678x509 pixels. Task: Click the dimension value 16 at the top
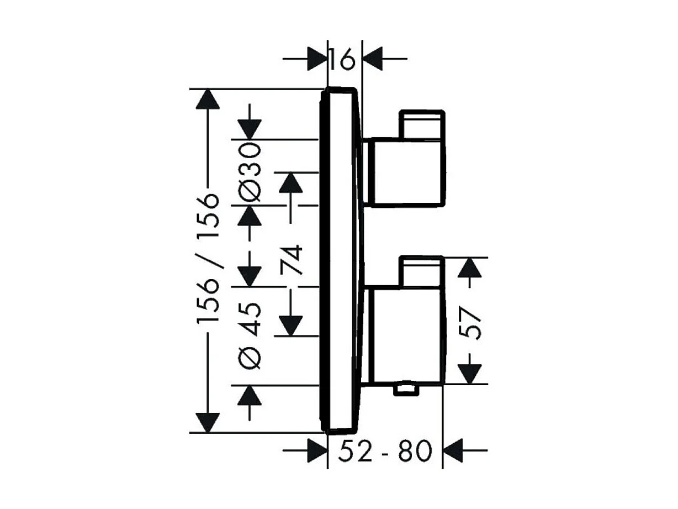coord(345,59)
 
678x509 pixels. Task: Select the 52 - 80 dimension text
coord(384,452)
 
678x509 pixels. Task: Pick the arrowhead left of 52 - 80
coord(316,451)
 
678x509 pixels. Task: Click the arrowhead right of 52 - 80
coord(454,451)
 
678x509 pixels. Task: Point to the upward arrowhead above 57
coord(470,268)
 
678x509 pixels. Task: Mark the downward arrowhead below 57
coord(470,373)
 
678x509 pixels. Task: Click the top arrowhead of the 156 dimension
coord(208,99)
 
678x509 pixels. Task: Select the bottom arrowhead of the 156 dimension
coord(208,422)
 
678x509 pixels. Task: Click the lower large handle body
coord(405,335)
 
